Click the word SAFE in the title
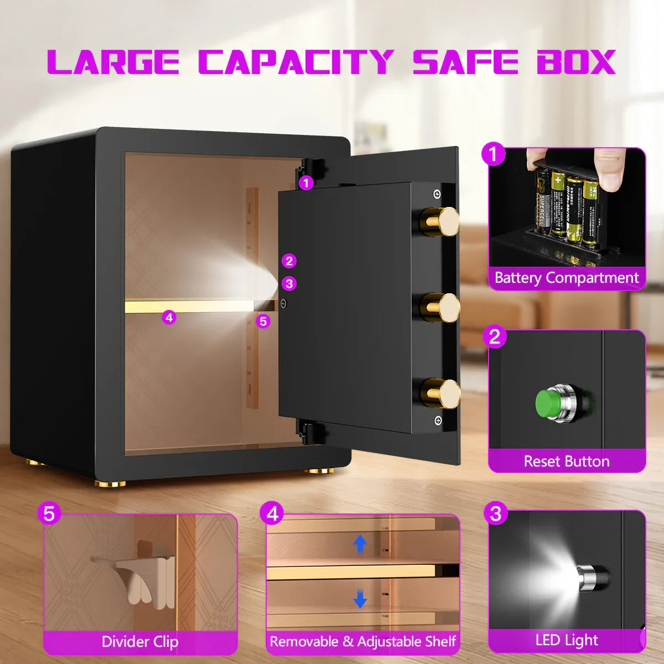pos(465,62)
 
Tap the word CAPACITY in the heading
pos(296,62)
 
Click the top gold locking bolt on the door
pos(442,220)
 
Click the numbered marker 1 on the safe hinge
pos(306,182)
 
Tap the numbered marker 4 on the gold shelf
pos(169,318)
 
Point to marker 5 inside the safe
pos(263,321)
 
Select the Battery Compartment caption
pos(567,278)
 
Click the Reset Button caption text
pos(567,461)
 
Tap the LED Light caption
pos(567,640)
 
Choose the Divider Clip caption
pos(140,642)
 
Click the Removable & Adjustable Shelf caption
pos(362,642)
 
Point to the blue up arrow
pos(360,543)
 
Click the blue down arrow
pos(360,598)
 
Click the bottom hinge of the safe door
pos(310,431)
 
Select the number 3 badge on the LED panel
pos(496,513)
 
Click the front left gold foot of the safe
pos(107,483)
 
